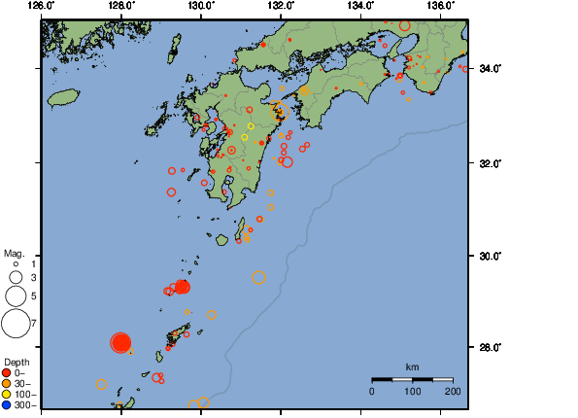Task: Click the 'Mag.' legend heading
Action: coord(14,253)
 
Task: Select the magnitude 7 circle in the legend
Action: coord(16,321)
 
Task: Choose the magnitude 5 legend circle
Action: coord(16,295)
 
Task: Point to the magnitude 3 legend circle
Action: coord(16,277)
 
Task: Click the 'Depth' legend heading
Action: coord(17,362)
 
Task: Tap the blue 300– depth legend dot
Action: coord(7,404)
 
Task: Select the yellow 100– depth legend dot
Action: coord(7,394)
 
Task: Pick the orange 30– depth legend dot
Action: coord(7,383)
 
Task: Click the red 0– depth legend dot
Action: coord(7,372)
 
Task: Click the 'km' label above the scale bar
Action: coord(412,366)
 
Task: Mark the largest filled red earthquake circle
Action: coord(120,342)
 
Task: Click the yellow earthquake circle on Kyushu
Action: coord(251,126)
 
